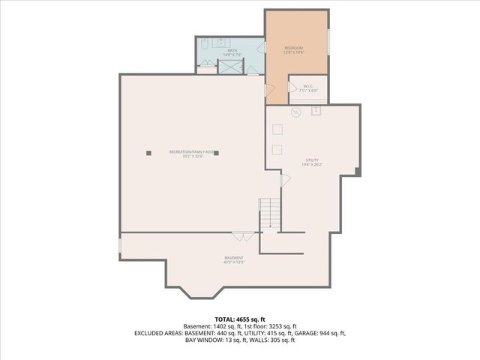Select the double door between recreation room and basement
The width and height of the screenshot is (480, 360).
tap(241, 236)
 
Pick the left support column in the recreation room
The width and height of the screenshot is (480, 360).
tap(148, 152)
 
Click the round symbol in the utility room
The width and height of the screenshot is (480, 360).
tap(295, 113)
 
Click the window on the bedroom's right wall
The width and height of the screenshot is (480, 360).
tap(328, 41)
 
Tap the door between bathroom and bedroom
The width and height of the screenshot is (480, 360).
tap(264, 46)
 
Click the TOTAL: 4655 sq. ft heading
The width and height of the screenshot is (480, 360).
tap(239, 319)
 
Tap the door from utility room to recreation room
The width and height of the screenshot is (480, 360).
tap(283, 181)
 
